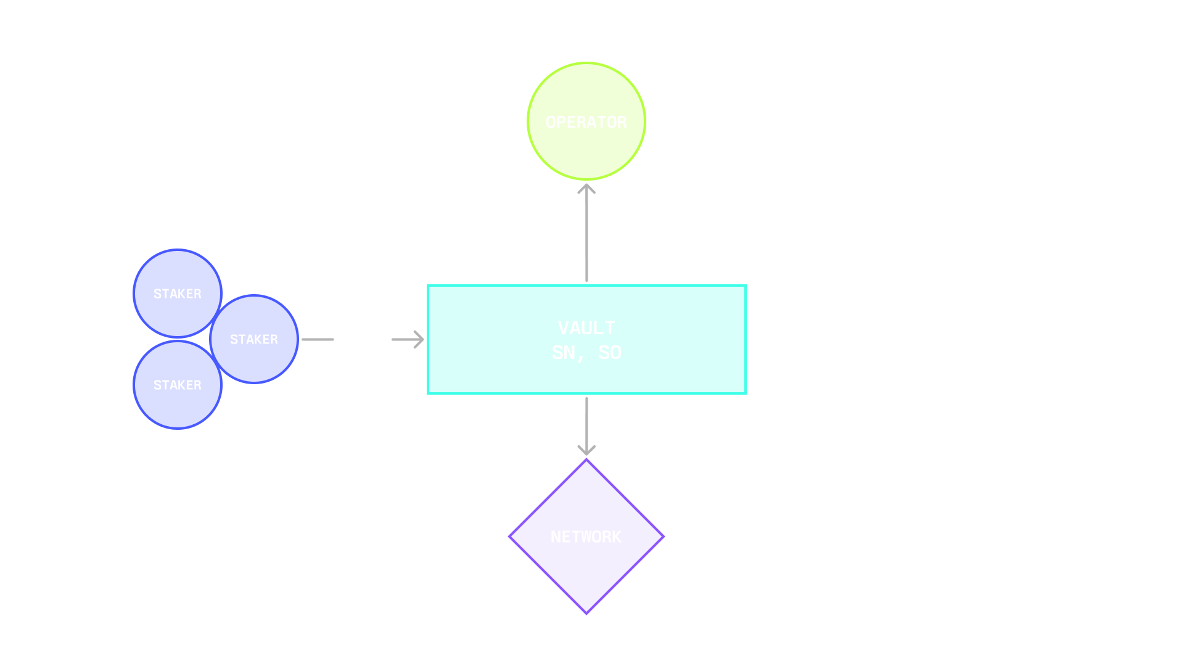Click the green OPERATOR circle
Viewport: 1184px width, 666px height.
(586, 121)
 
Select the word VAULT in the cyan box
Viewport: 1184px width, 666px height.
(586, 328)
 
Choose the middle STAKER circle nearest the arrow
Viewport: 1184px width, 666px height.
(254, 339)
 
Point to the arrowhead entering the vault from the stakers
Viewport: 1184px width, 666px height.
(419, 339)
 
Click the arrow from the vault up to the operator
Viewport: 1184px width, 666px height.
(586, 234)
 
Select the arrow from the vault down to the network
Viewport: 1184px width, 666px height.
(586, 425)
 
